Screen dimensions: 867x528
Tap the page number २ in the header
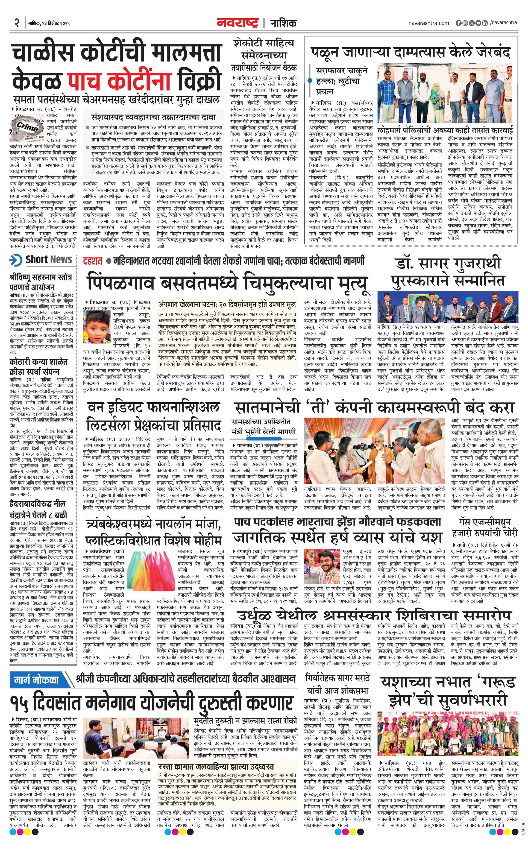16,24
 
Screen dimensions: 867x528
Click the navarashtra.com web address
429,23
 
